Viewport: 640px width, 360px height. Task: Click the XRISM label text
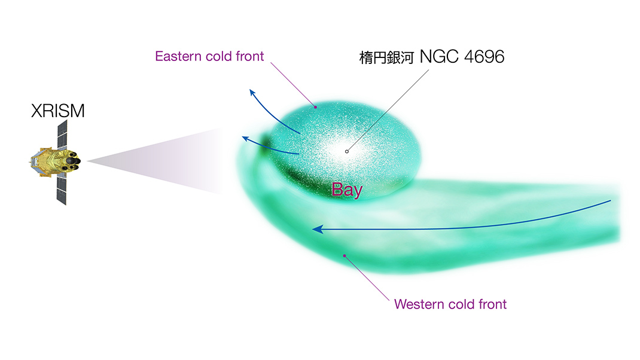coord(58,111)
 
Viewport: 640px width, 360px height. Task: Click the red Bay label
coord(347,190)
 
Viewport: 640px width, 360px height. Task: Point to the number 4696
coord(484,57)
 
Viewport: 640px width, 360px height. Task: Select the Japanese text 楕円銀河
coord(386,57)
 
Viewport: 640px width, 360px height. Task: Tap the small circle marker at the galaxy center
coord(346,151)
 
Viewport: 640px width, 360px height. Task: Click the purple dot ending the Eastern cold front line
coord(315,107)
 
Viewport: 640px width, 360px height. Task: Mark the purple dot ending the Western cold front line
coord(345,256)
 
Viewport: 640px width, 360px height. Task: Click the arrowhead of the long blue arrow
coord(318,230)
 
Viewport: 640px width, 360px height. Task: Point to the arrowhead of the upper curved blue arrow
coord(252,93)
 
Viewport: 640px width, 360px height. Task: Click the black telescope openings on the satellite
coord(72,161)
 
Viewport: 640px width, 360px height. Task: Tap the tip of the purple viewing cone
coord(87,161)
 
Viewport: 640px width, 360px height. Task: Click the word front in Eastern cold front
coord(249,56)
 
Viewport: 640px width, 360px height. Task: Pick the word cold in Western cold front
coord(461,304)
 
